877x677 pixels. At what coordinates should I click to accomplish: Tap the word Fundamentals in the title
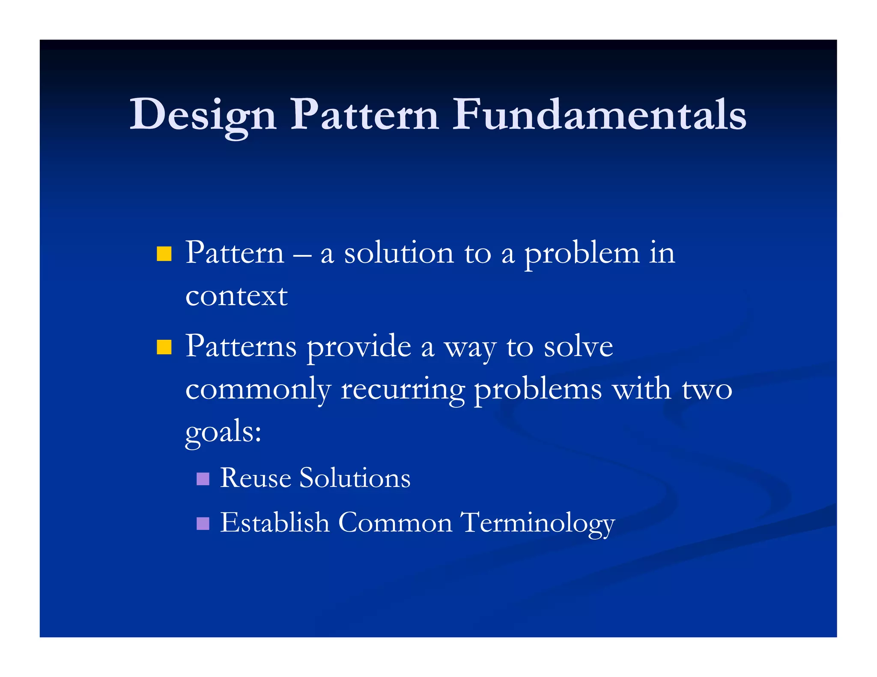click(599, 115)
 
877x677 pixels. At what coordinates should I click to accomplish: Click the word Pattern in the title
click(364, 115)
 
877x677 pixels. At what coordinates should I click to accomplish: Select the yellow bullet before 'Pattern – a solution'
click(164, 253)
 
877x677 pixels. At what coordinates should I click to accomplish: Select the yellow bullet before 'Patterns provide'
click(164, 347)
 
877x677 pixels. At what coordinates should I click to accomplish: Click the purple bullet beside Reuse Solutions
click(203, 478)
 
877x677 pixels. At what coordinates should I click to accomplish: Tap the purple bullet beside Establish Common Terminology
click(203, 523)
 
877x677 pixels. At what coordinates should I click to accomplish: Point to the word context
click(236, 296)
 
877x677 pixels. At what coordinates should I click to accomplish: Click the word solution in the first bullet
click(399, 253)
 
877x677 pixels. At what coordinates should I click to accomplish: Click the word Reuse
click(256, 478)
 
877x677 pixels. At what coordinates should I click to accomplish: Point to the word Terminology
click(537, 523)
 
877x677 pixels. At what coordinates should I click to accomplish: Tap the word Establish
click(274, 523)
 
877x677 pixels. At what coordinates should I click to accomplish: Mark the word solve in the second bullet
click(578, 347)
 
